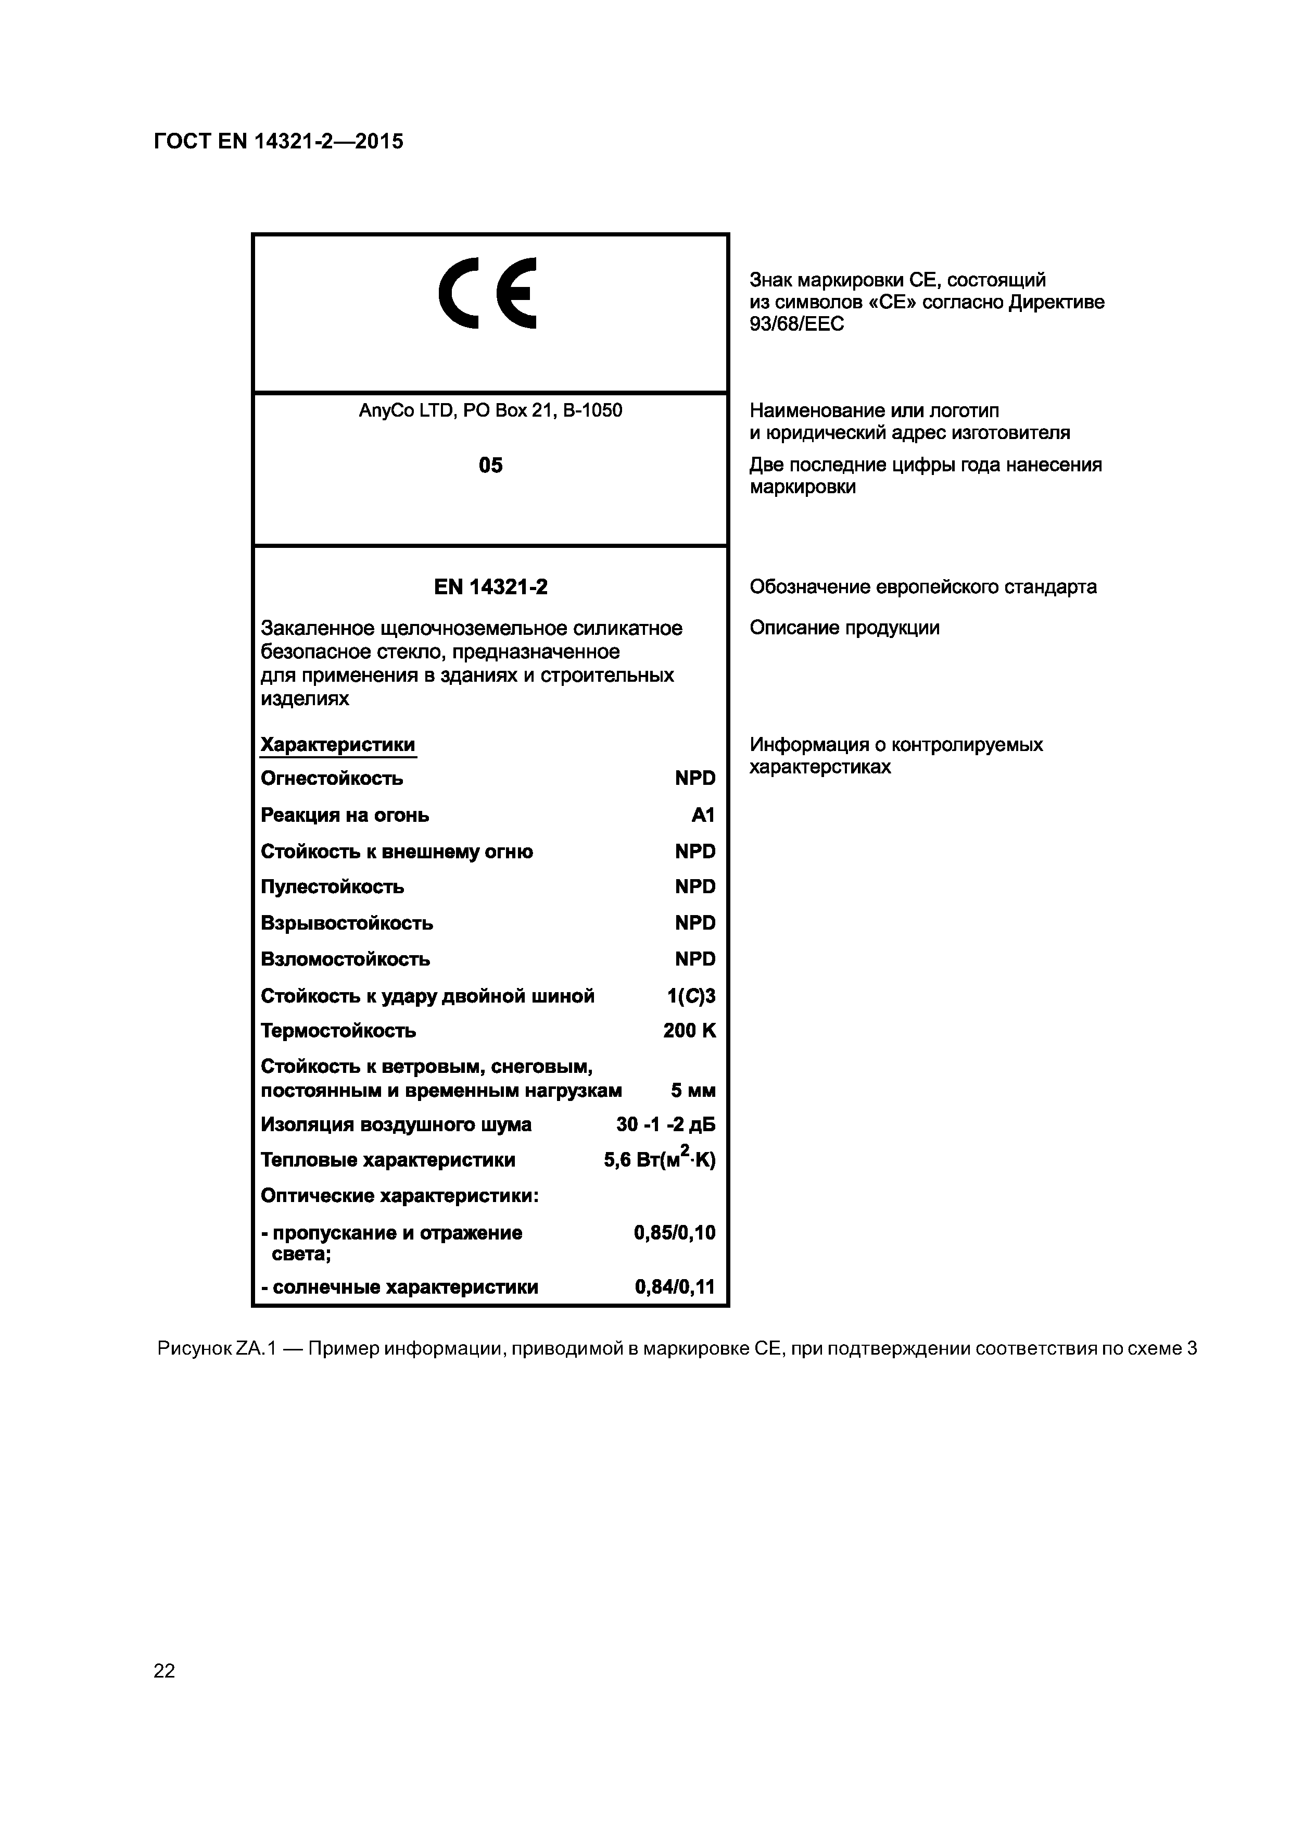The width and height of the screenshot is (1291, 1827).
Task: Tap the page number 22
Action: [x=164, y=1670]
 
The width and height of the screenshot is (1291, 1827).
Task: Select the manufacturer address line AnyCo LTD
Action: [x=490, y=410]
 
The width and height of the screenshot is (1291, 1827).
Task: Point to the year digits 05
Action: [x=490, y=466]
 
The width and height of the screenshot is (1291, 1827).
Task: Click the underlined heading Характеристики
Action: [x=338, y=745]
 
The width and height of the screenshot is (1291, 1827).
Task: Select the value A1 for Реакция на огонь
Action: [x=703, y=815]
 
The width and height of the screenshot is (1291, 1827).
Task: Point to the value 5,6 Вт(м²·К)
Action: [x=660, y=1160]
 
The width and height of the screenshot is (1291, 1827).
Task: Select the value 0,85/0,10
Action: [x=675, y=1233]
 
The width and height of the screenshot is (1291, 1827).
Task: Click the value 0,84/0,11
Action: [x=675, y=1287]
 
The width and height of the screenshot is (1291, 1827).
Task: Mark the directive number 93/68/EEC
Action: [x=796, y=324]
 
